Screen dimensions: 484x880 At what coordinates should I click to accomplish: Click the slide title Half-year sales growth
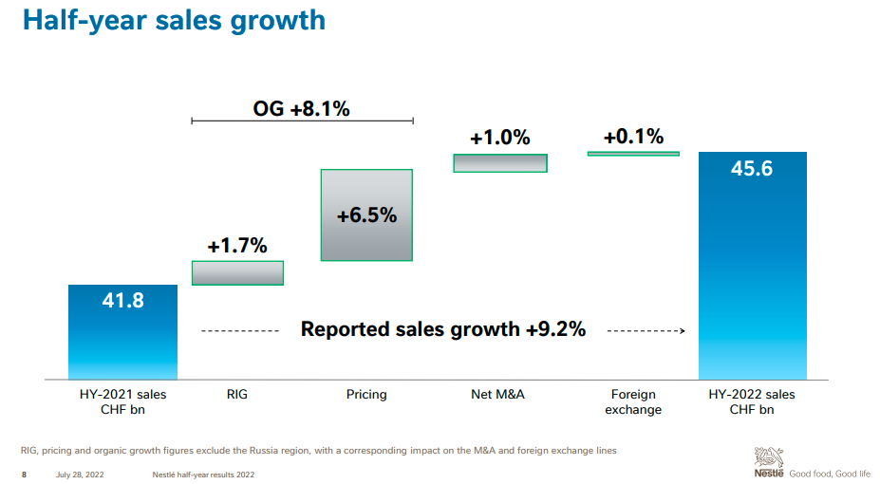(x=174, y=20)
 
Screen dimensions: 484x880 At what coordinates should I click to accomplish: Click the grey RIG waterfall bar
(x=237, y=272)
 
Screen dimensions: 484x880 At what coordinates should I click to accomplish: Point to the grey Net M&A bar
(x=500, y=162)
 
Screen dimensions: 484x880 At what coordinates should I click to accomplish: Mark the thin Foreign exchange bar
(x=633, y=153)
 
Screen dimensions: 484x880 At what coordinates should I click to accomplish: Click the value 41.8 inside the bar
(x=122, y=301)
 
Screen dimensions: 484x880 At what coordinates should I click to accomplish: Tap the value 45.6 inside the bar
(x=752, y=169)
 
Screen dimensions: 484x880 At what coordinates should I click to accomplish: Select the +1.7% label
(x=237, y=247)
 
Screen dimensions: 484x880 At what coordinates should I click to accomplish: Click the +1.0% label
(x=500, y=138)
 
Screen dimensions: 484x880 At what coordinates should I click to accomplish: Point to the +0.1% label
(x=633, y=137)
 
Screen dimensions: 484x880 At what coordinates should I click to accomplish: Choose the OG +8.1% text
(x=301, y=108)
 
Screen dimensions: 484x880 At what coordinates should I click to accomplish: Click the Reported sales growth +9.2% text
(x=443, y=329)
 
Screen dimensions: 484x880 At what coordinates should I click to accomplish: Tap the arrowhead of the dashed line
(x=682, y=330)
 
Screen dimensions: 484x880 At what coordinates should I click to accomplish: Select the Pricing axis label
(x=366, y=394)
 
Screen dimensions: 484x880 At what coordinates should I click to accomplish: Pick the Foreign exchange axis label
(x=634, y=401)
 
